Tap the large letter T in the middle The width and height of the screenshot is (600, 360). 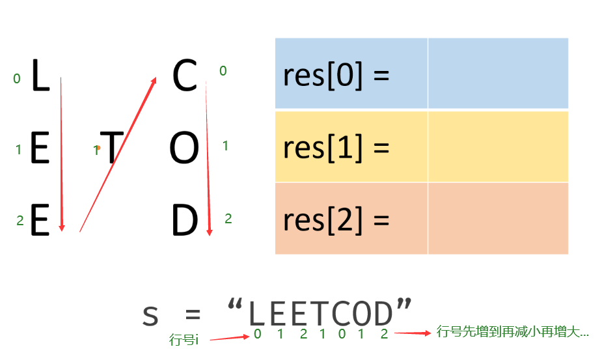111,148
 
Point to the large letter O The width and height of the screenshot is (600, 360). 184,149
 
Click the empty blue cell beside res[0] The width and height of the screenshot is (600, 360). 498,74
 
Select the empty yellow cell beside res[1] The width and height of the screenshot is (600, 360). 498,146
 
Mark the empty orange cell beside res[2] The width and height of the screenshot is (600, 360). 498,219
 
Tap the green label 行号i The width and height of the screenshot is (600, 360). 184,340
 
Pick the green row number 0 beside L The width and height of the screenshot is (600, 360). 17,79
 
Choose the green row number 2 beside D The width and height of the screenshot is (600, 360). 228,219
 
